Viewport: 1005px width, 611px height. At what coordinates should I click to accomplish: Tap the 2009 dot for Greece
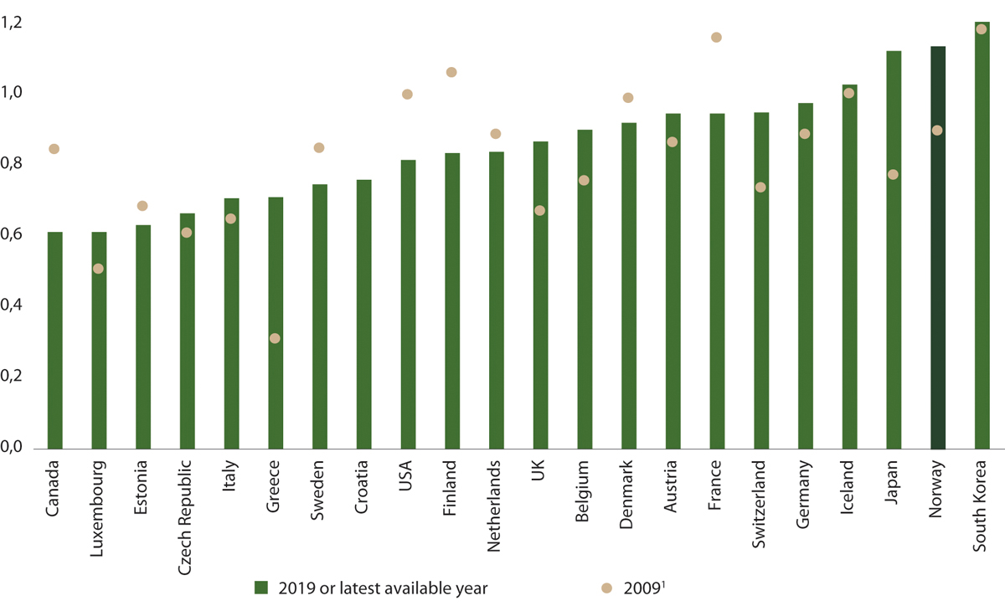[x=275, y=338]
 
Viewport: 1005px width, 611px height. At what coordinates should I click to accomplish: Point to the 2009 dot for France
[x=716, y=37]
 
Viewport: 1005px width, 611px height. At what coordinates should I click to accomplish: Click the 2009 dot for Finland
[x=451, y=72]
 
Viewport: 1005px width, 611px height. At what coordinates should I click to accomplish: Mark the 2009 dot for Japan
[x=893, y=174]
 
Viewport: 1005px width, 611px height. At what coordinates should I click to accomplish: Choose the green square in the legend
[x=260, y=588]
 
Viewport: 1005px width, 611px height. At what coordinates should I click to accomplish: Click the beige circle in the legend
[x=607, y=588]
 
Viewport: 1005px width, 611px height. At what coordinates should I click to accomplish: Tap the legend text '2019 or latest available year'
[x=381, y=588]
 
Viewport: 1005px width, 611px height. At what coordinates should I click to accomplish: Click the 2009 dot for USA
[x=407, y=94]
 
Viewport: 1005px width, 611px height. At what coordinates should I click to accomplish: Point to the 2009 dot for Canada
[x=54, y=148]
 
